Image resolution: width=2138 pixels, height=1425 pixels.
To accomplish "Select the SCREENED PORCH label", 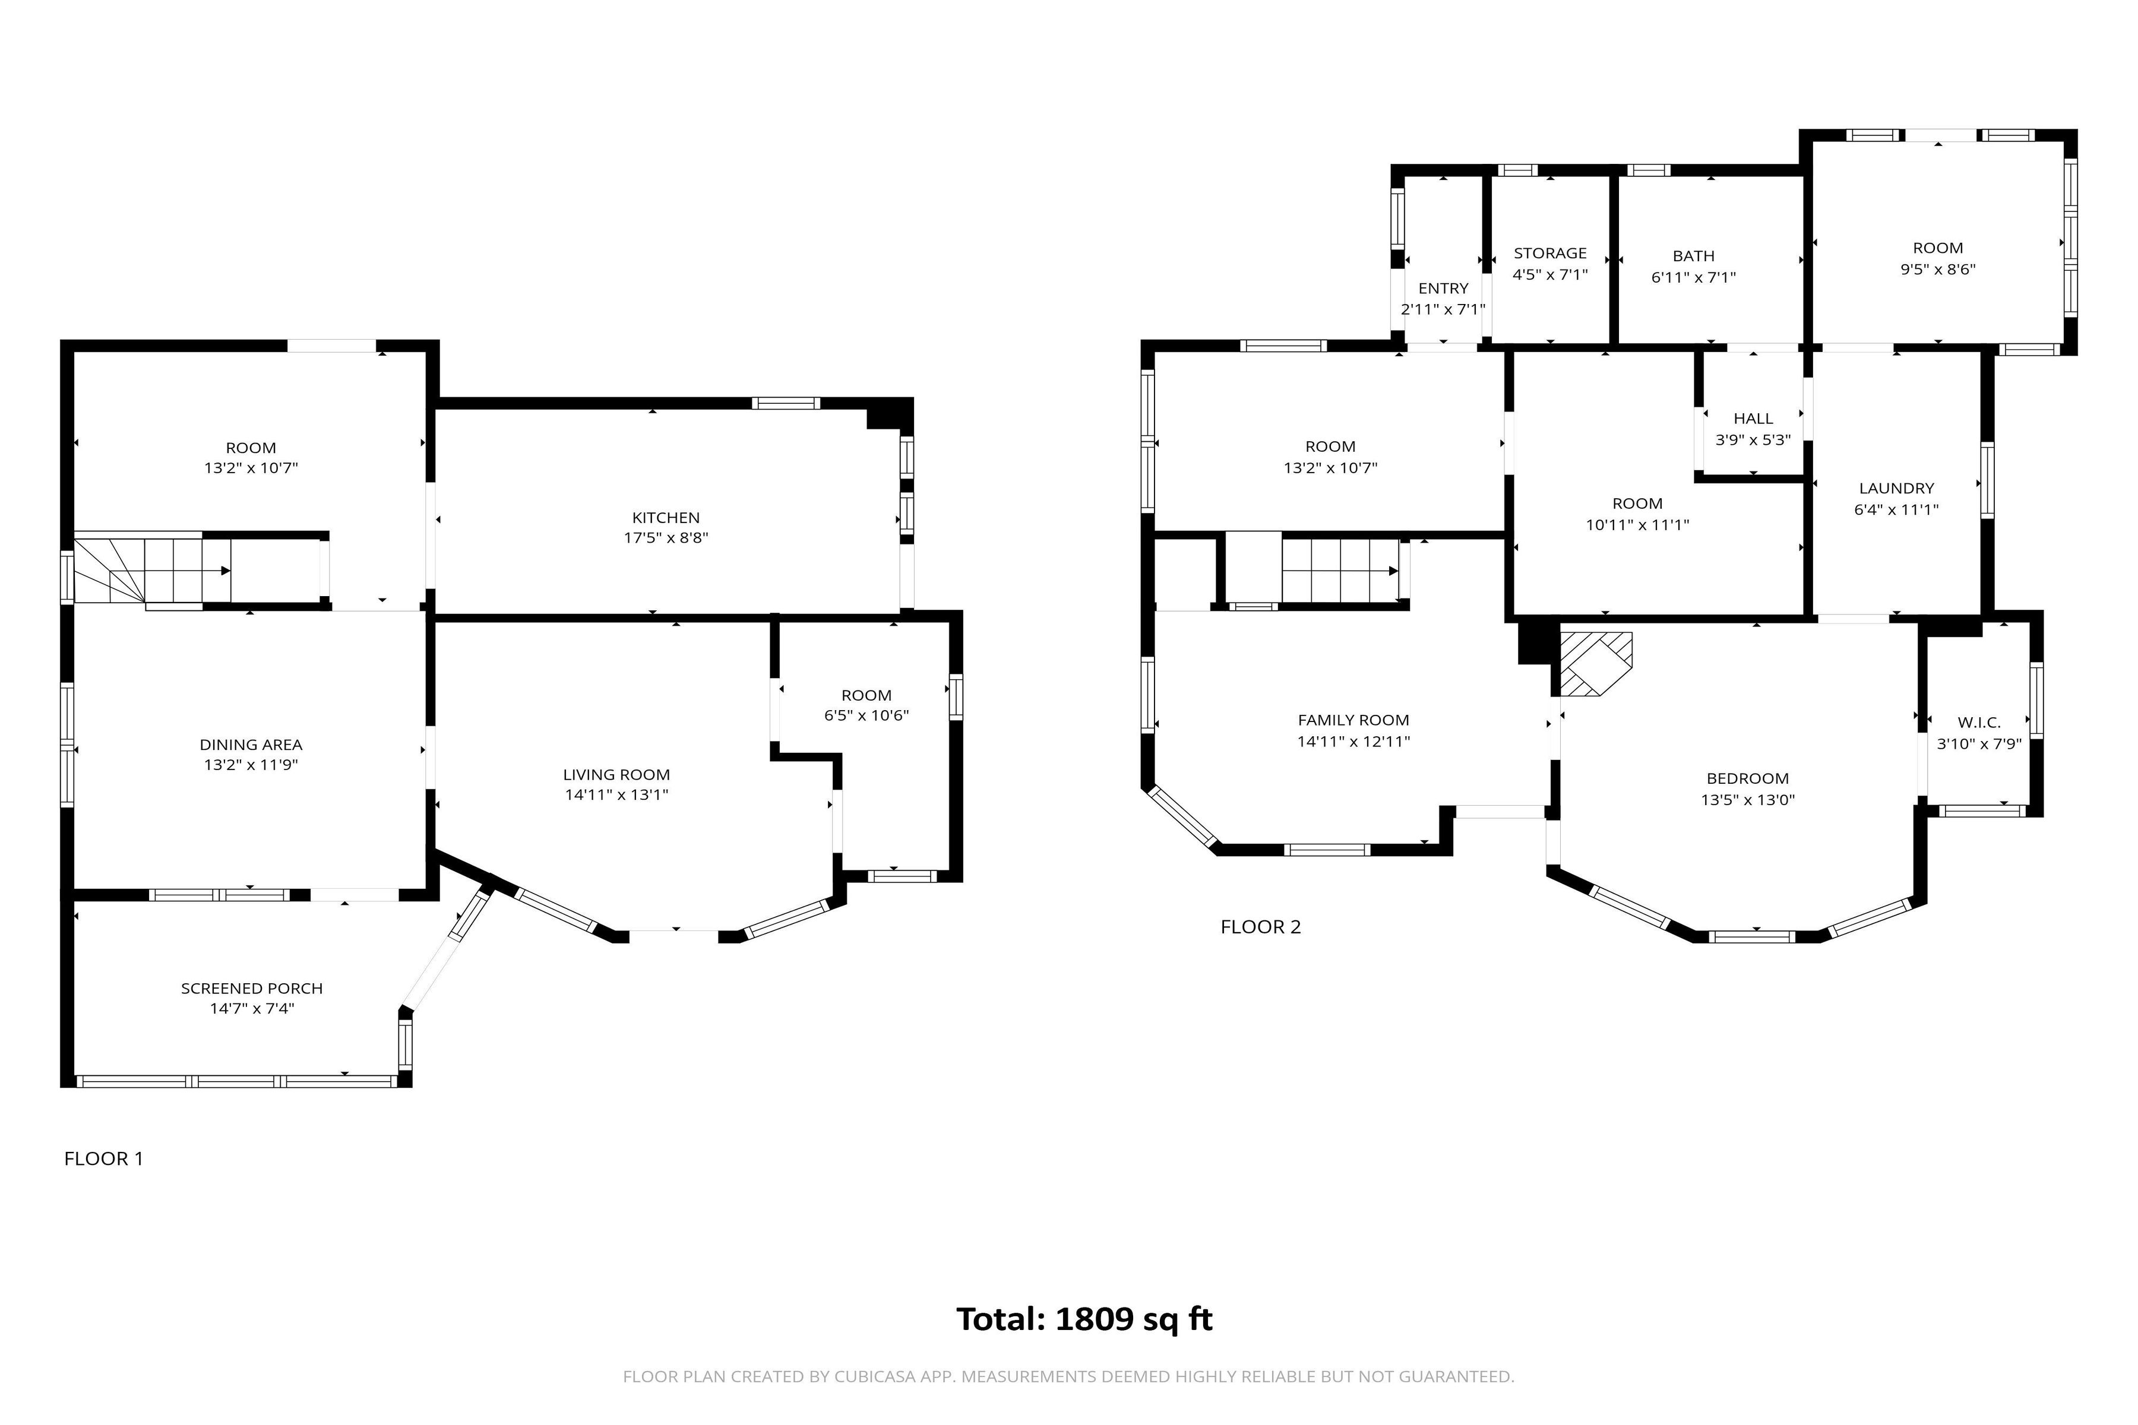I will (x=252, y=988).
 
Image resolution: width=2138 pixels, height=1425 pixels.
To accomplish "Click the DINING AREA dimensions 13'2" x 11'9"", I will (x=251, y=764).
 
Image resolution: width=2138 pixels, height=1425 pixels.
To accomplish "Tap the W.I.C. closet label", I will (x=1978, y=723).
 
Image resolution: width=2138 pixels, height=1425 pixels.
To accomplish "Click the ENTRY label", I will (x=1443, y=288).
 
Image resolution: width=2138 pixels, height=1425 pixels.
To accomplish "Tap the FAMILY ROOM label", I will (x=1353, y=720).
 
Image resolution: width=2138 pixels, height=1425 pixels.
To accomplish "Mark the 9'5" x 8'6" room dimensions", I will (x=1937, y=269).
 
